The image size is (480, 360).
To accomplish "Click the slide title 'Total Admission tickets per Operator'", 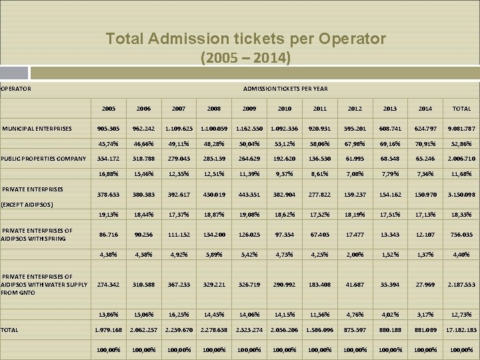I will (245, 39).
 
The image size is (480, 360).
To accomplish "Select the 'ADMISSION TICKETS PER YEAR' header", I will (285, 88).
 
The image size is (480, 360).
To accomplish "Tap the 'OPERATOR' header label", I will (16, 88).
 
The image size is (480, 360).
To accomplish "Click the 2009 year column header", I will (249, 109).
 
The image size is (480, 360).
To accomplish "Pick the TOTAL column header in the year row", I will (461, 109).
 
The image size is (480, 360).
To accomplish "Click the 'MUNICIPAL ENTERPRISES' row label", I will (37, 128).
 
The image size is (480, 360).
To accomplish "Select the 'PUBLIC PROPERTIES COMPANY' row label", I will (44, 159).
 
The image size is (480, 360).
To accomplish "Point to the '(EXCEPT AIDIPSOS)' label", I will (27, 205).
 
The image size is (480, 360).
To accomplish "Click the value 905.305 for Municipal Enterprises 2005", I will (109, 128).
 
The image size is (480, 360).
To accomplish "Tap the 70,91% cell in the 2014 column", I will (425, 143).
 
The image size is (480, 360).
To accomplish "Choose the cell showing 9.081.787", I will (461, 128).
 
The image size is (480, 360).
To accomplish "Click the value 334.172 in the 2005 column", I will (109, 159).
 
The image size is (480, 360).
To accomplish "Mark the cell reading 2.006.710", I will (461, 159).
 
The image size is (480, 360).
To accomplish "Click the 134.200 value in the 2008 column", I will (214, 235).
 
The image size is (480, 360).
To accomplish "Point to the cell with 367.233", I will (179, 285).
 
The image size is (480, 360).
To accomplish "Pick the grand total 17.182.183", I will (461, 329).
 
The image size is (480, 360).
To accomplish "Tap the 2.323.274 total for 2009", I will (249, 329).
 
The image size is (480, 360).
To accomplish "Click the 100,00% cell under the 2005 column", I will (109, 349).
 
